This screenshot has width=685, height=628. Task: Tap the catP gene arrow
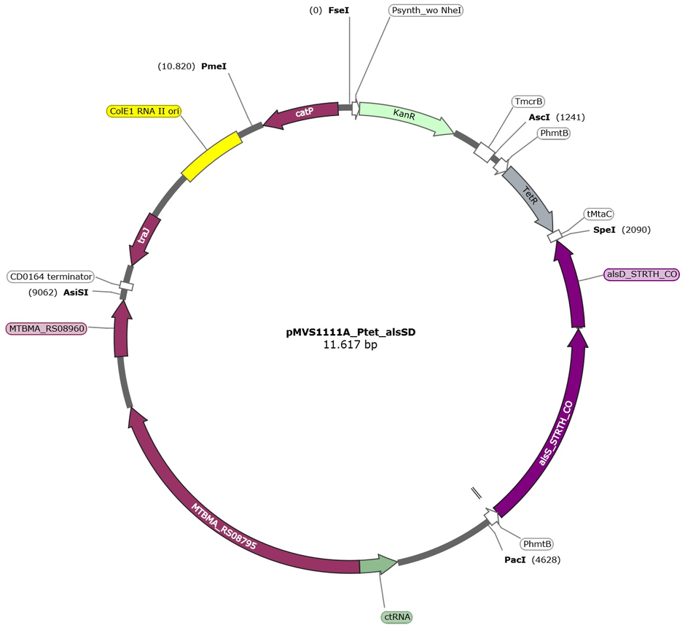[302, 114]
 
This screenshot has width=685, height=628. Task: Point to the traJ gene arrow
[143, 239]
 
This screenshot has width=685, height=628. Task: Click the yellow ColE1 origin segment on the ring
[211, 156]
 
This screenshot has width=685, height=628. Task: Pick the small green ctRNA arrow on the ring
[378, 564]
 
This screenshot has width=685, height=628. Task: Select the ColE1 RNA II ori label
[144, 111]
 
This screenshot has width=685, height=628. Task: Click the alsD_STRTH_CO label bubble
[641, 274]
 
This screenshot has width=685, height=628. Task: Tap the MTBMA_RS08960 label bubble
[47, 328]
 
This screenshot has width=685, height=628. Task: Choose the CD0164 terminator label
[51, 276]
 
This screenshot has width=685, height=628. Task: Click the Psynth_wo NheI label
[426, 10]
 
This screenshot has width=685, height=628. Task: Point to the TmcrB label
[528, 101]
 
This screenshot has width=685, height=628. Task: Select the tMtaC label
[599, 214]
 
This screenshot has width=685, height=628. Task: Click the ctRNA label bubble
[396, 616]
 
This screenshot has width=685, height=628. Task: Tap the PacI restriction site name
[515, 559]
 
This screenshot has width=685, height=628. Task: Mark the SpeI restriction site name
[604, 230]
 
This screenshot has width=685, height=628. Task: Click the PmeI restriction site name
[214, 66]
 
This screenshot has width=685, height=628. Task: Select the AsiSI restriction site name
[76, 292]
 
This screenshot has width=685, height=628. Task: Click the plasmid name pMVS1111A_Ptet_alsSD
[351, 332]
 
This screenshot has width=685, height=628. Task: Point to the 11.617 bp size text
[351, 344]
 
